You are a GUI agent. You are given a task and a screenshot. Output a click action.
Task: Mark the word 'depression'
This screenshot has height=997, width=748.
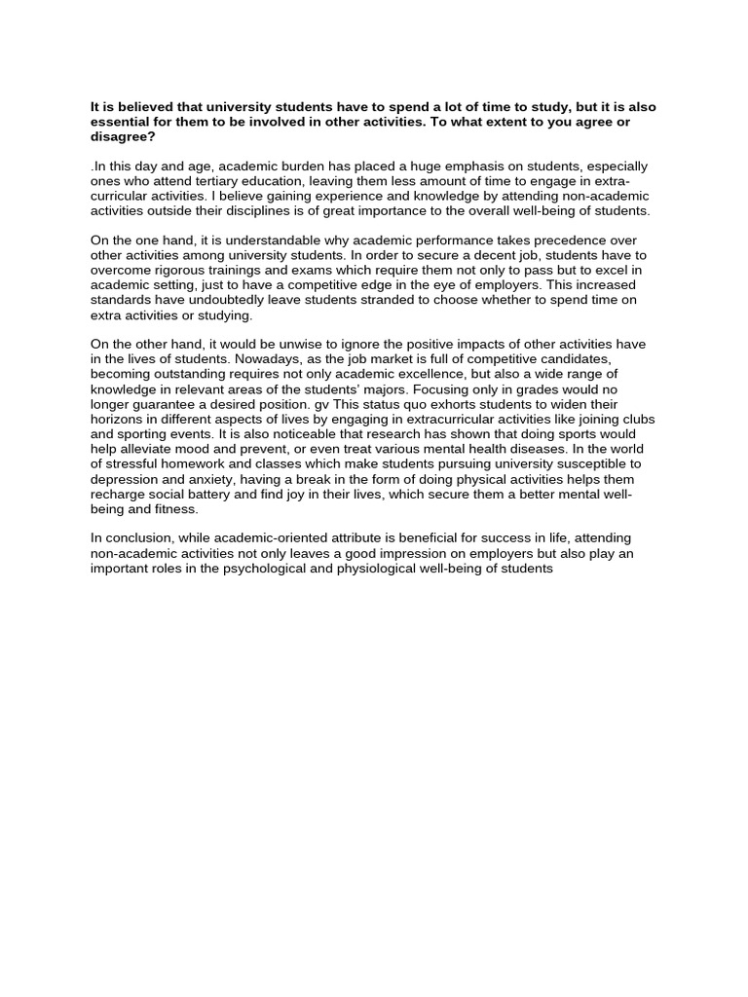(125, 480)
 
